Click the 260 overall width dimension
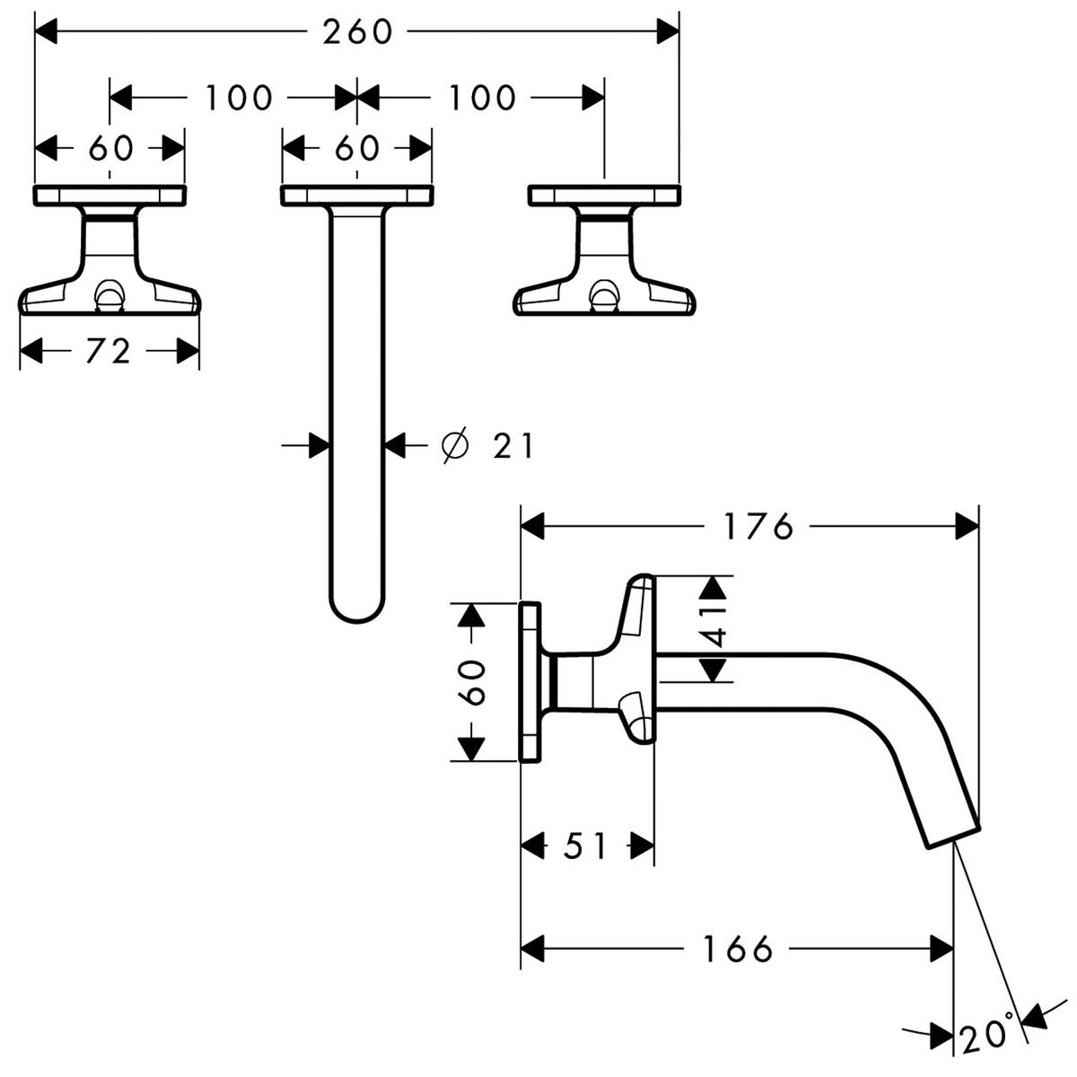coord(357,32)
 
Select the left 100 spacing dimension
coord(238,97)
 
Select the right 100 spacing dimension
coord(482,97)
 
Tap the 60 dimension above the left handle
coord(110,148)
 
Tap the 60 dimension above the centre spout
coord(357,148)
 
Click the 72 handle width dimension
coord(109,351)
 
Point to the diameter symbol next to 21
coord(455,444)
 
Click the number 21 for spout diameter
coord(512,444)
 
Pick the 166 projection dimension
coord(738,948)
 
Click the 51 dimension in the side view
coord(587,845)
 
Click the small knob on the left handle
coord(109,296)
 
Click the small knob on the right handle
coord(603,296)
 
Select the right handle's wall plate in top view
coord(603,194)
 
